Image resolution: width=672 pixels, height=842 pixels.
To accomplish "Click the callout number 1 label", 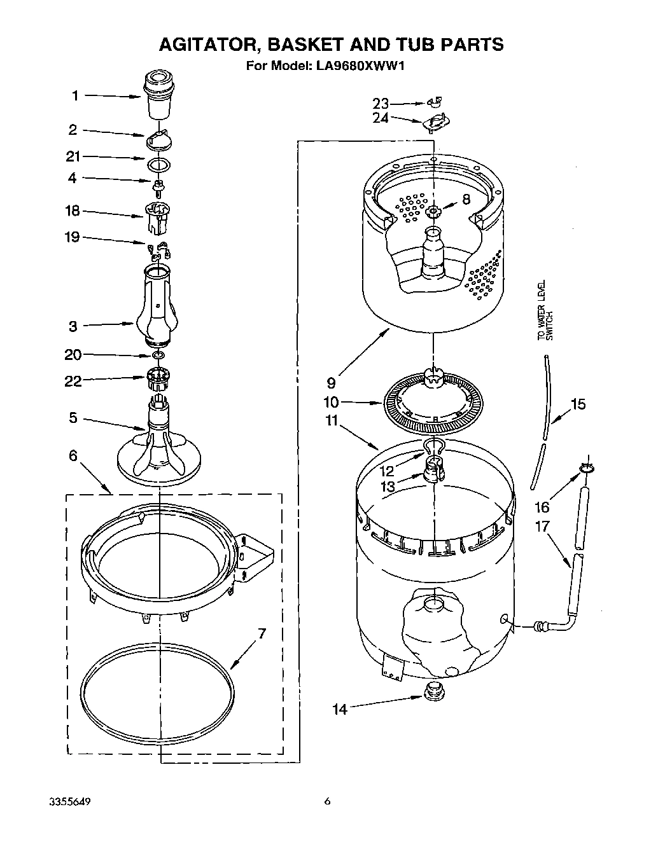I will (x=74, y=96).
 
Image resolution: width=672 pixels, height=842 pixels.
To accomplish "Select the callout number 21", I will (x=73, y=157).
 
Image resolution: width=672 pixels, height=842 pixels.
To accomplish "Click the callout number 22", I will (x=73, y=381).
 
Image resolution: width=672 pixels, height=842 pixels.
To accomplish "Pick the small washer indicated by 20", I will (x=159, y=354).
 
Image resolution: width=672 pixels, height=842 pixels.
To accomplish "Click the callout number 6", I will (x=73, y=456).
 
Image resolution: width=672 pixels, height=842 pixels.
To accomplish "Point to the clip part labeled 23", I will (x=435, y=102).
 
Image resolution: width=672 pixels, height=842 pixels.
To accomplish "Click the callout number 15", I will (x=578, y=404).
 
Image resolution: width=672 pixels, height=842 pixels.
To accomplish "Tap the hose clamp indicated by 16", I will (x=587, y=470).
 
